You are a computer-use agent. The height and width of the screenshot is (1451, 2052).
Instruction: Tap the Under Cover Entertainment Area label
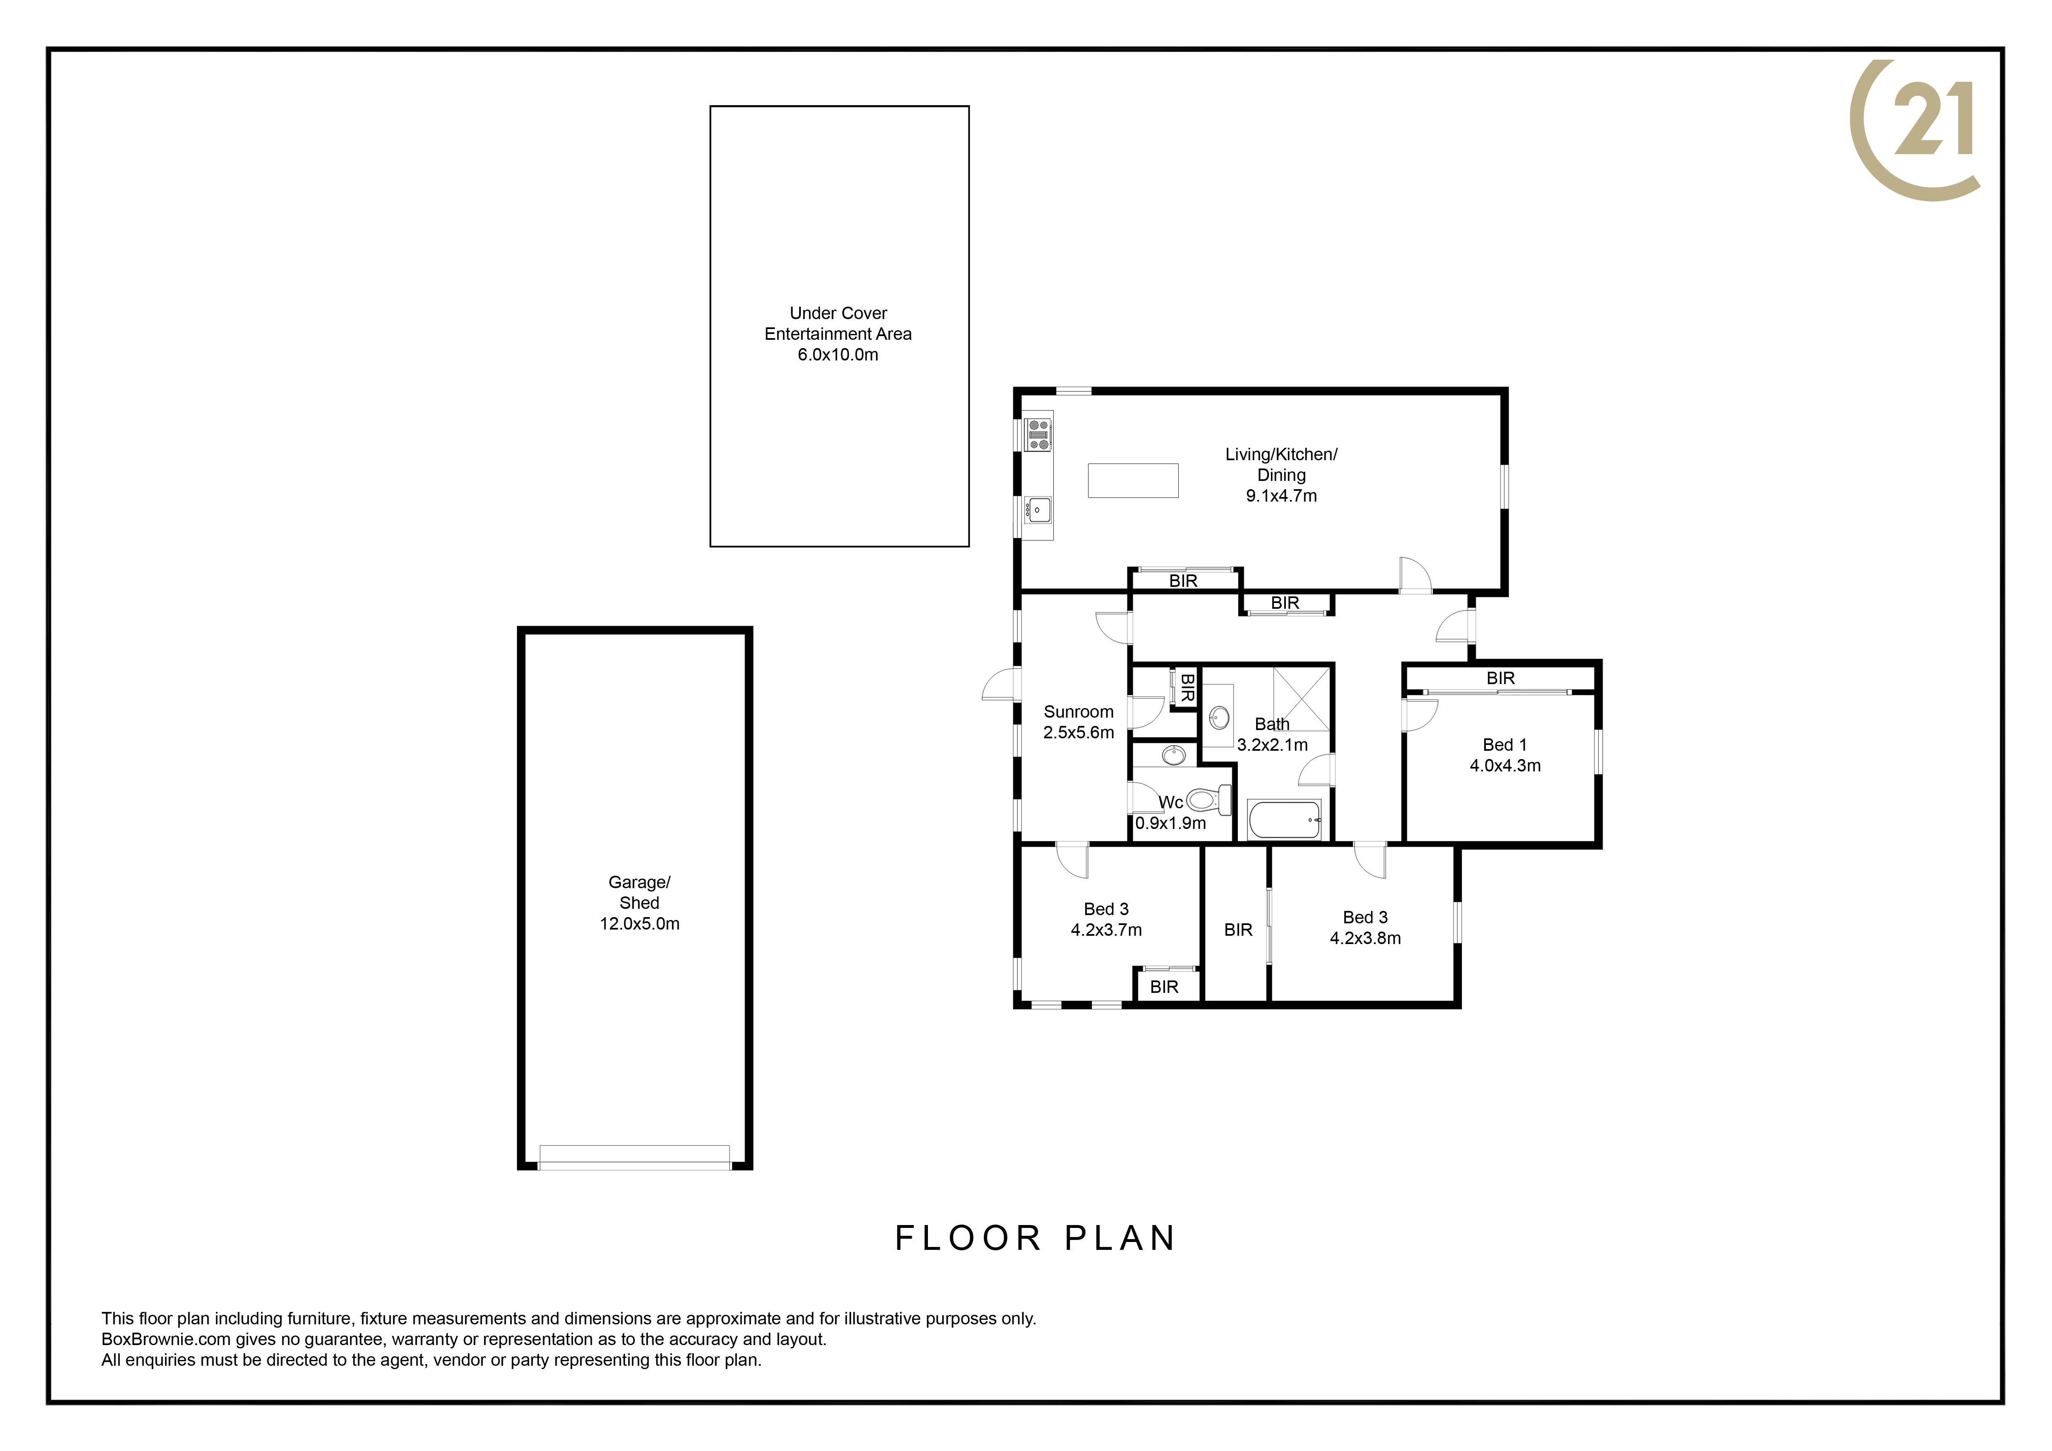[x=839, y=333]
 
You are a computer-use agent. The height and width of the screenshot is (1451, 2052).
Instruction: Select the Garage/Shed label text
[x=639, y=893]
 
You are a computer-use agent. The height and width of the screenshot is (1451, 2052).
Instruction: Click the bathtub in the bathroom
[x=1284, y=819]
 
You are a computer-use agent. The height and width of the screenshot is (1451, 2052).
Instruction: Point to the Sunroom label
[x=1079, y=712]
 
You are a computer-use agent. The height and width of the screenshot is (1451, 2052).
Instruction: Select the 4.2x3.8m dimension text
[x=1366, y=938]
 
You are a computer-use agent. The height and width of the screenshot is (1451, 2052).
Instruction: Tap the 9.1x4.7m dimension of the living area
[x=1282, y=496]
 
